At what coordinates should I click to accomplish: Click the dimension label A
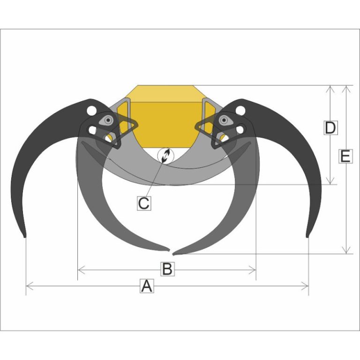click(147, 286)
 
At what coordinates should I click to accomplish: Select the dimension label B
click(167, 269)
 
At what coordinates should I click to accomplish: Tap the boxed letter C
click(144, 203)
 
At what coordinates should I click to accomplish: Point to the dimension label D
click(330, 127)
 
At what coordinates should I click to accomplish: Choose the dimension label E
click(345, 156)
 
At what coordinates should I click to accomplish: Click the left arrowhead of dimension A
click(30, 286)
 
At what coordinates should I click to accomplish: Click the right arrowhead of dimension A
click(305, 286)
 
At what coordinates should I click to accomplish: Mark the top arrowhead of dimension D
click(330, 89)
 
